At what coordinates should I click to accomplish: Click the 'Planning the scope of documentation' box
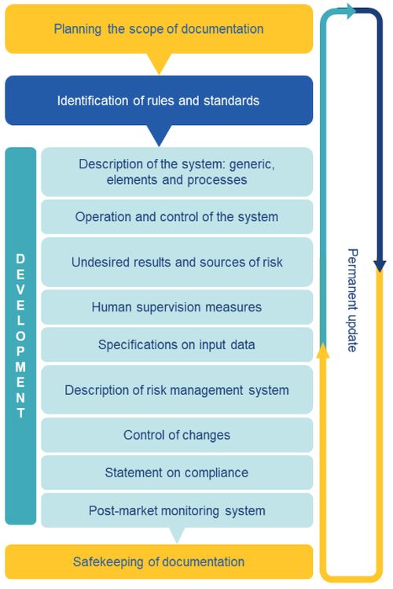coord(159,29)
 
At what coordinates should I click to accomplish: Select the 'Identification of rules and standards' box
coord(159,101)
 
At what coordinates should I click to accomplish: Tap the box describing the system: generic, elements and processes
coord(177,171)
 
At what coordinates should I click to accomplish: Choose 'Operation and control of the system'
coord(177,217)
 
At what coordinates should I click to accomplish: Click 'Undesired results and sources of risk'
coord(177,262)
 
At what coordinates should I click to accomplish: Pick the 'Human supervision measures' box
coord(177,307)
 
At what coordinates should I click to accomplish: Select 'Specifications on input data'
coord(177,344)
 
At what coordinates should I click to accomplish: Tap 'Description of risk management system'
coord(177,389)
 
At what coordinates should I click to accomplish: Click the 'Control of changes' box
coord(177,435)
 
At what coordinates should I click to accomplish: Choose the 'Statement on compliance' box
coord(177,472)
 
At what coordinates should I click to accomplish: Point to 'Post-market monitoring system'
coord(177,510)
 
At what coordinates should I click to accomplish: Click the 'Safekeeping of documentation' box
coord(159,561)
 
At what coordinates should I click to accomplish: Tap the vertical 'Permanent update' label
coord(352,300)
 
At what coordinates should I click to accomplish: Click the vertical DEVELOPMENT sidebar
coord(20,336)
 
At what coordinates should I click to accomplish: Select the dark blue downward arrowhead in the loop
coord(380,266)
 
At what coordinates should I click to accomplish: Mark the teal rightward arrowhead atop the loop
coord(351,11)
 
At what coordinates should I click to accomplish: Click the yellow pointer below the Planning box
coord(159,62)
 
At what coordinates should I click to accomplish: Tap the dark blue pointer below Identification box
coord(159,134)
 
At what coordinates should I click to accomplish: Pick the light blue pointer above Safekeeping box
coord(177,534)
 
